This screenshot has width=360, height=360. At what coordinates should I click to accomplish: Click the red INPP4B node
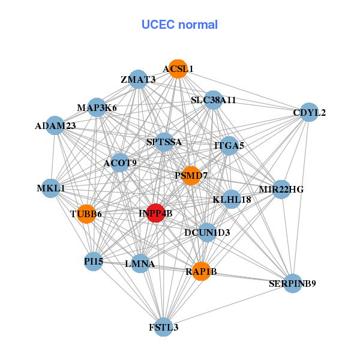point(156,213)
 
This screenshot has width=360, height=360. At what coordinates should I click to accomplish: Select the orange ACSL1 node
point(177,68)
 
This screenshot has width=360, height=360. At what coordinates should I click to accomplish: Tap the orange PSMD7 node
point(191,176)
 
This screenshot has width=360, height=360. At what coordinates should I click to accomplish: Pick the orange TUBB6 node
point(86,214)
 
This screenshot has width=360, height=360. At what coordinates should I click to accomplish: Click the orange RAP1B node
point(202,271)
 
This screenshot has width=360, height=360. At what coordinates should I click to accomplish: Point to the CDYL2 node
point(308,112)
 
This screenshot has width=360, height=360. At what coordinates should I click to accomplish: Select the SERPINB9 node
point(292,283)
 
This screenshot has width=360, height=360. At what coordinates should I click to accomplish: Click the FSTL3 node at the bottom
point(163,327)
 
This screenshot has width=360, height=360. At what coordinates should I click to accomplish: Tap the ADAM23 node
point(55,125)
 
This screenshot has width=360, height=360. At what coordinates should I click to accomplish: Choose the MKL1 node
point(51,188)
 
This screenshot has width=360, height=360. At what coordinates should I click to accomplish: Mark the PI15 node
point(93,262)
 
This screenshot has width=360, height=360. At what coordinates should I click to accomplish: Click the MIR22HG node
point(281,189)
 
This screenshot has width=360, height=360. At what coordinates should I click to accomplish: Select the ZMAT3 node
point(139,79)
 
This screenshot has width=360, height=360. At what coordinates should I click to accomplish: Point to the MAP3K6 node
point(97,107)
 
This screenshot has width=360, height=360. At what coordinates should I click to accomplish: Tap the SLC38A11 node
point(214,100)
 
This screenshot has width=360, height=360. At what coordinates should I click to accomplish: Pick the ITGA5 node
point(229,145)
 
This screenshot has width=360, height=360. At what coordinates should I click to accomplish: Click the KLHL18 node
point(232,199)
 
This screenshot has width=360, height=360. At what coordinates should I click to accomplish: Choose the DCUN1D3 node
point(207,232)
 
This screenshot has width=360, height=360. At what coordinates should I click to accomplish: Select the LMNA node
point(140,263)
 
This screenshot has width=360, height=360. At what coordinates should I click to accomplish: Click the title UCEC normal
point(179,25)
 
